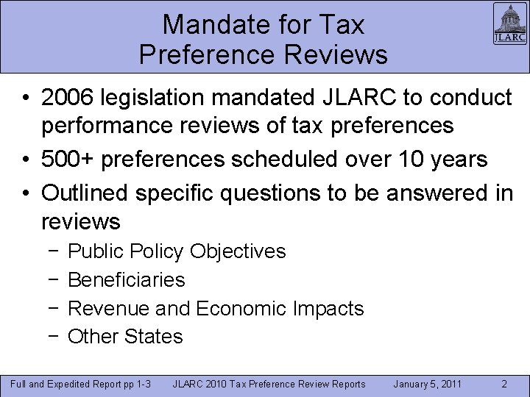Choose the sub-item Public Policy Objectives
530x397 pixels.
click(x=177, y=251)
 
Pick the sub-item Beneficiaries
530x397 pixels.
click(x=126, y=279)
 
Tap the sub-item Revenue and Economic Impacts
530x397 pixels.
click(x=216, y=308)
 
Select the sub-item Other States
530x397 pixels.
click(x=125, y=337)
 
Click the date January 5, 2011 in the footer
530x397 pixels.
click(x=428, y=384)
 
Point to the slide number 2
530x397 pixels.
click(x=504, y=384)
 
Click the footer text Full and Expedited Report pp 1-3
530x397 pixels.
click(x=80, y=384)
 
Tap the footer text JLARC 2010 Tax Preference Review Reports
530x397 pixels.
click(x=269, y=384)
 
